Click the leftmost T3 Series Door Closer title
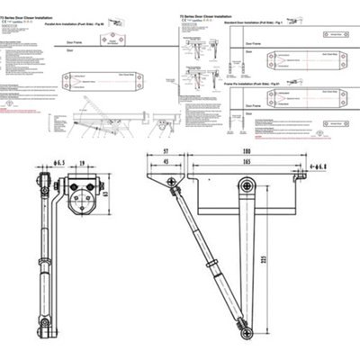click(x=26, y=4)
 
